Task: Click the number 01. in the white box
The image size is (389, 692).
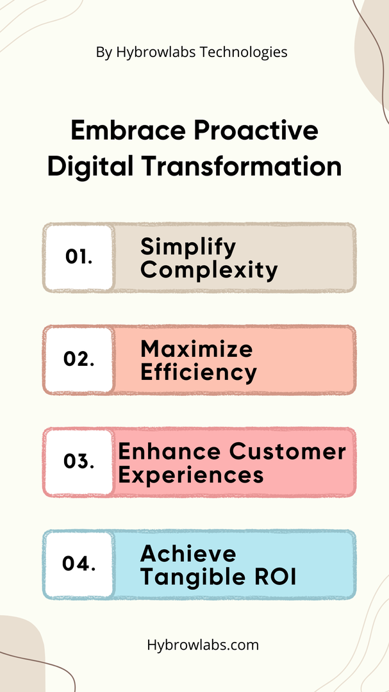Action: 79,257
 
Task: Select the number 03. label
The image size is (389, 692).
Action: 79,461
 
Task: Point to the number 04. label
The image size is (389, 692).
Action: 79,564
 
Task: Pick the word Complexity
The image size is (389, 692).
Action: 210,270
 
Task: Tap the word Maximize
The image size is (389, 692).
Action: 197,350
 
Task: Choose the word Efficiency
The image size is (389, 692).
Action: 199,373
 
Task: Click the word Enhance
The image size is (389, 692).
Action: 170,452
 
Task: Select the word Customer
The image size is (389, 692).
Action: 288,452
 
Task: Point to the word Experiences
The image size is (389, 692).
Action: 191,475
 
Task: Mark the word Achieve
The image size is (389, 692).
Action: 188,554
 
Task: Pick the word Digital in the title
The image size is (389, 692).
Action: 91,168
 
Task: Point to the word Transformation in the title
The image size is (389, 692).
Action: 242,167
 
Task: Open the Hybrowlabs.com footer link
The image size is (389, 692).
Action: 203,645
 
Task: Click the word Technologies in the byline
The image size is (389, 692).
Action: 244,53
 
